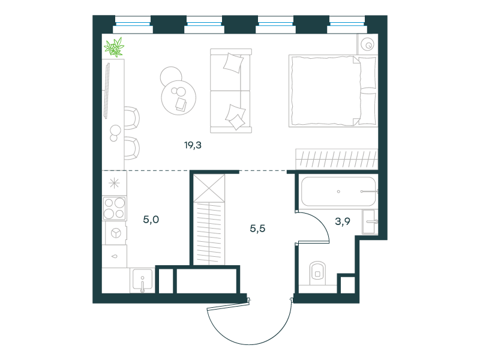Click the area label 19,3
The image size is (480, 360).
coord(193,145)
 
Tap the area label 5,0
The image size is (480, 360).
coord(151,220)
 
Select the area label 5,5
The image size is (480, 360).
coord(257,229)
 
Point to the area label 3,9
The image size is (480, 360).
coord(343,221)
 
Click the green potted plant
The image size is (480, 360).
coord(114,47)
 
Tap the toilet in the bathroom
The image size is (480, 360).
coord(317,273)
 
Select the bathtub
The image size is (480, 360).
coord(338,191)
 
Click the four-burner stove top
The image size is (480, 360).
coord(115,208)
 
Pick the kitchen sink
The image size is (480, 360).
coord(142,280)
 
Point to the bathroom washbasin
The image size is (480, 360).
coord(370,221)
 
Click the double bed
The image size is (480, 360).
coord(333,91)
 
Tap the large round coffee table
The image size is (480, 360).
coord(179,98)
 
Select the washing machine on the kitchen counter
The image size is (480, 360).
coord(116,233)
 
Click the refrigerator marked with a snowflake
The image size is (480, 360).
coord(114,184)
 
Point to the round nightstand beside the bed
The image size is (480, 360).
coord(367,44)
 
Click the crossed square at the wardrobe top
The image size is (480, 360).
coord(209,188)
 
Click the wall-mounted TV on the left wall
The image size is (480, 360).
coord(107,91)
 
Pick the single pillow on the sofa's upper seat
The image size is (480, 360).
coord(233,63)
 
